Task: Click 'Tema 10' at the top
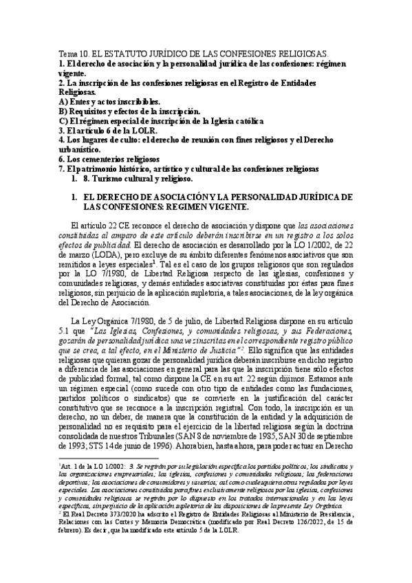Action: point(71,53)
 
